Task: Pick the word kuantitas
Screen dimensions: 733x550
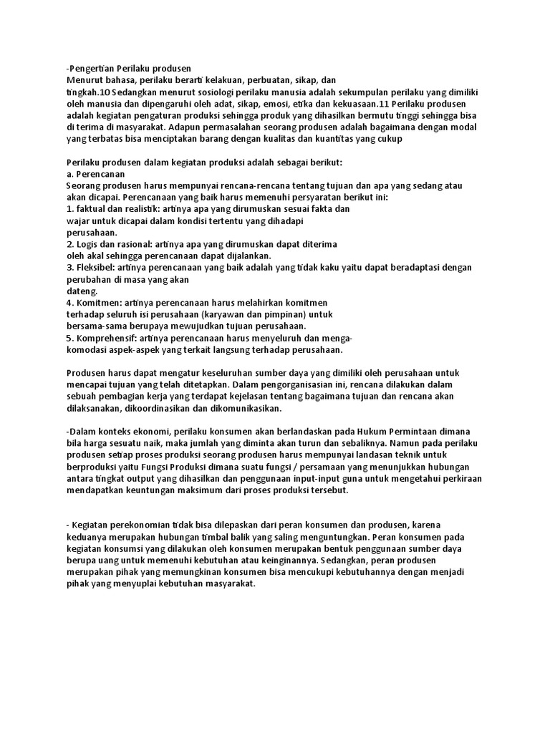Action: pyautogui.click(x=344, y=139)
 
